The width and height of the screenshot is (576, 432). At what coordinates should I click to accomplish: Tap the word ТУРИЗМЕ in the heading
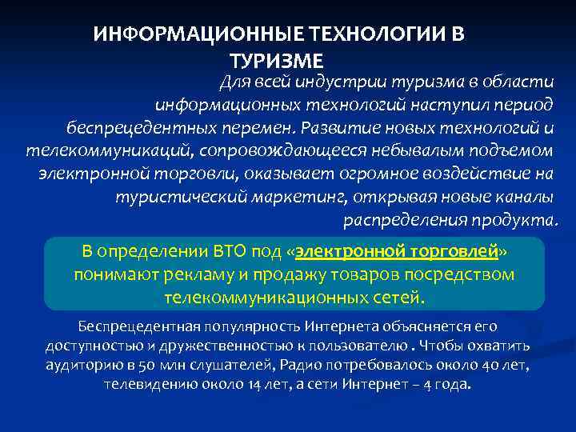[x=277, y=60]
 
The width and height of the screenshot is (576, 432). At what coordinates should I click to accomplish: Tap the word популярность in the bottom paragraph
[x=241, y=326]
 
